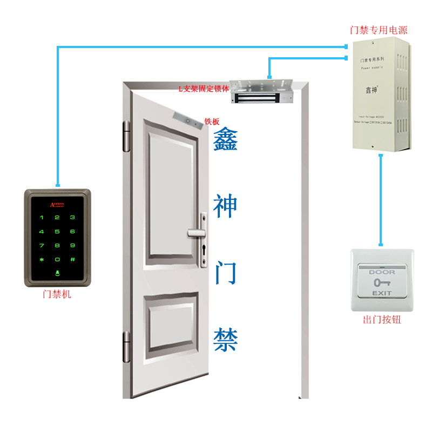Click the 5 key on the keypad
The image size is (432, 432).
[x=57, y=231]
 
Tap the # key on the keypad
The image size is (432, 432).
[x=72, y=259]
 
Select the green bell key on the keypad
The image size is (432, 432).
[x=57, y=273]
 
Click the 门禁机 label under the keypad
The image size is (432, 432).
[x=57, y=295]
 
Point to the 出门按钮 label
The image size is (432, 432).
[x=382, y=320]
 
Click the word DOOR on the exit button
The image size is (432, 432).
[x=382, y=272]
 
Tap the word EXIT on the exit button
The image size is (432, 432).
[x=382, y=293]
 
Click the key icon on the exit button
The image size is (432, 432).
[x=382, y=282]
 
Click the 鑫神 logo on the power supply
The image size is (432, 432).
[x=371, y=90]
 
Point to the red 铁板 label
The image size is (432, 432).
[x=212, y=122]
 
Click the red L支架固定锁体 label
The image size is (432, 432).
[x=204, y=88]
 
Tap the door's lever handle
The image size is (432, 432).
[x=197, y=233]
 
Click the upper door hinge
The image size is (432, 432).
[x=127, y=136]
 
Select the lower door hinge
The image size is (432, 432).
[x=127, y=347]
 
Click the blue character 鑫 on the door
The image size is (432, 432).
[x=225, y=141]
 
